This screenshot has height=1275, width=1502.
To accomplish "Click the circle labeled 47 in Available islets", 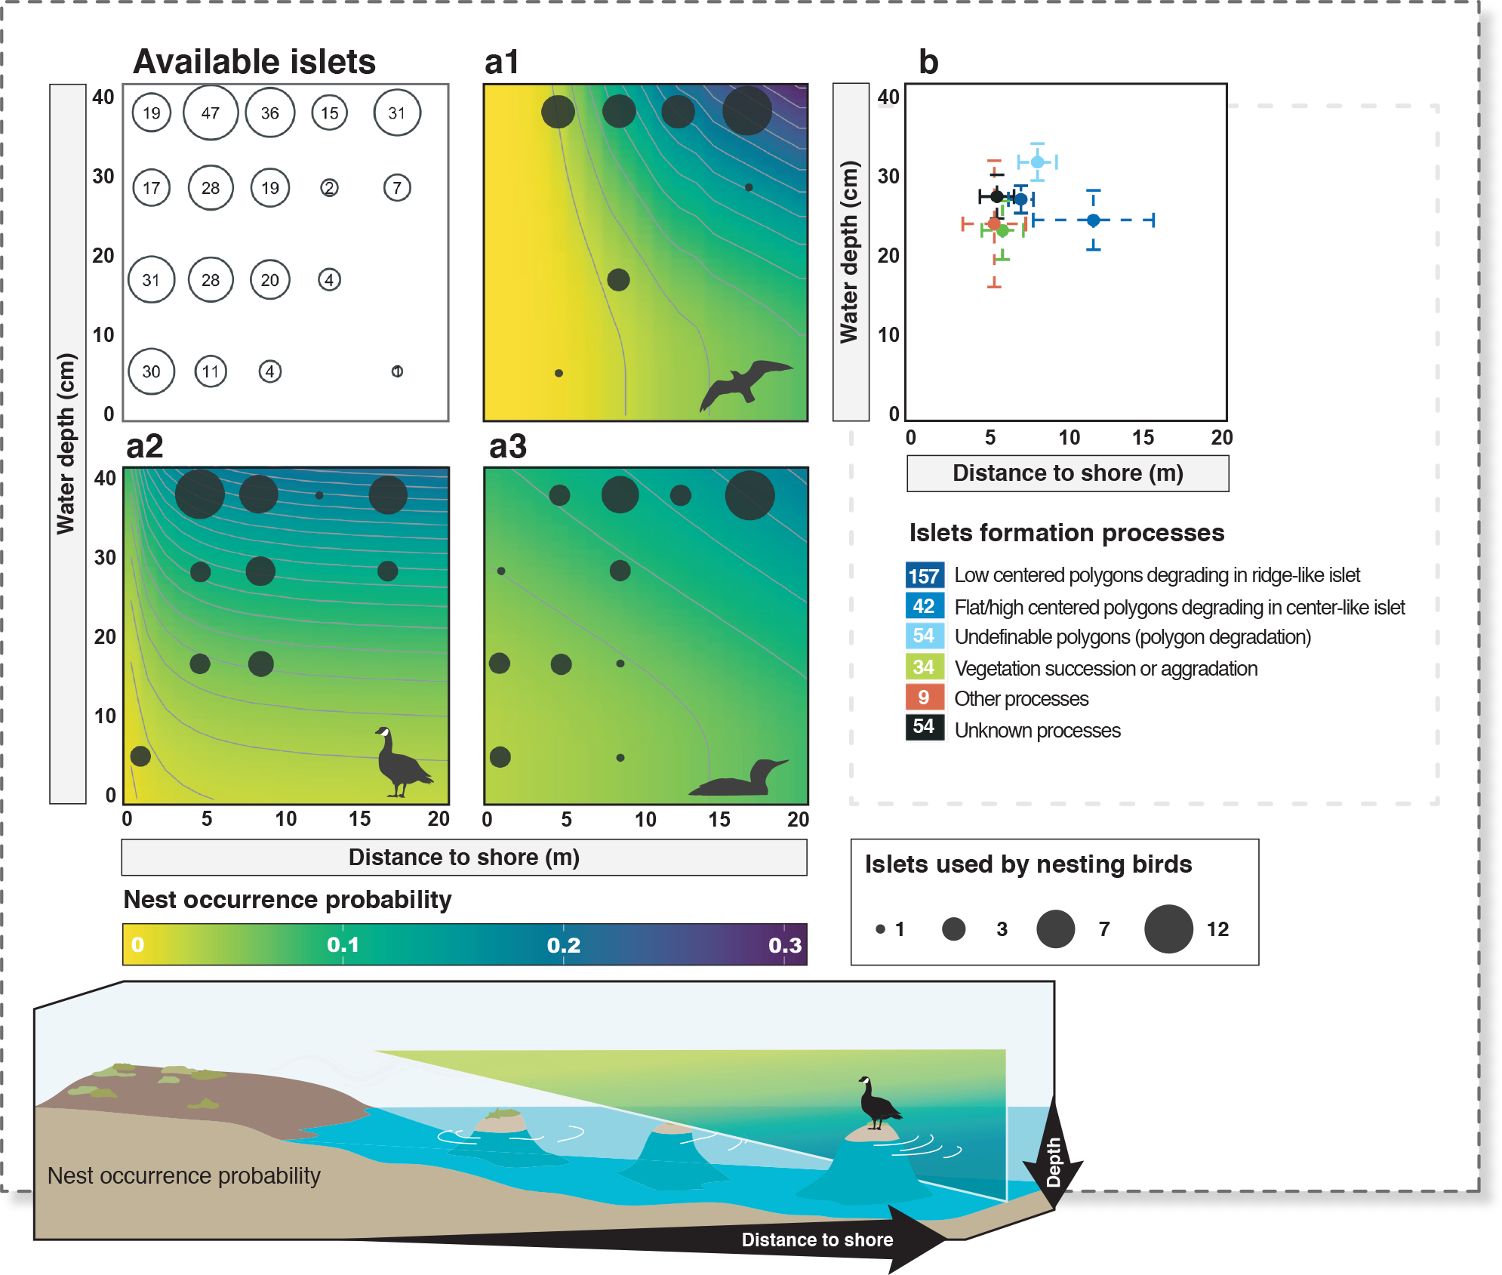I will click(x=211, y=113).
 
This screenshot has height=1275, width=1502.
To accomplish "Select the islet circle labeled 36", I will click(x=269, y=113).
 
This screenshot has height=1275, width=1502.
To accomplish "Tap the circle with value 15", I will click(x=329, y=113).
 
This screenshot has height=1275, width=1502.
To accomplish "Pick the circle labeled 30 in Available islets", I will click(x=151, y=371).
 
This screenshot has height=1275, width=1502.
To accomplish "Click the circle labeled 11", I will click(x=211, y=371).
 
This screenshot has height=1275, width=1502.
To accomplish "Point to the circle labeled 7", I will click(x=397, y=188).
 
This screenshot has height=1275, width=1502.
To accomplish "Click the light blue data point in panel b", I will click(x=1038, y=162).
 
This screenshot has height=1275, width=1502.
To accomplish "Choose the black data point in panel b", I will click(x=997, y=197).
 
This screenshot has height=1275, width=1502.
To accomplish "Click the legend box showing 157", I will click(x=924, y=576).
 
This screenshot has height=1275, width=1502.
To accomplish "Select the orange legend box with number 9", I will click(x=924, y=698).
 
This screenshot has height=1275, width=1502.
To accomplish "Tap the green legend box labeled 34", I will click(x=924, y=667).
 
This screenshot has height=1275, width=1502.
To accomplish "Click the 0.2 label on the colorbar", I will click(x=564, y=945).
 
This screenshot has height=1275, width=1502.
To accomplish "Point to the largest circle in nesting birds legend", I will click(x=1168, y=929).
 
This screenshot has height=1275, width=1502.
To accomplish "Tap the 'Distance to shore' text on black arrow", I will click(x=817, y=1240).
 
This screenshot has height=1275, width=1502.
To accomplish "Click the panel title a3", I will click(x=507, y=446).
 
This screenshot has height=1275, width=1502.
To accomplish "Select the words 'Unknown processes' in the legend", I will click(x=1037, y=731).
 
